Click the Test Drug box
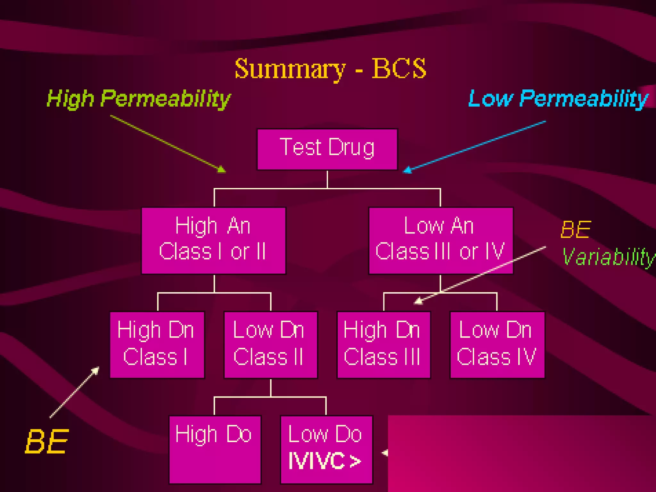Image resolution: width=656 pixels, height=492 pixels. point(327,149)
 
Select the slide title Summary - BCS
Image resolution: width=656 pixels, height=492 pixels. point(330,69)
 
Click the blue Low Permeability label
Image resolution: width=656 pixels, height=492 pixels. point(558,98)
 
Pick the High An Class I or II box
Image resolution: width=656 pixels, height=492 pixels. point(213,241)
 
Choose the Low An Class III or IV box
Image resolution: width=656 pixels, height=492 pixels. point(440,241)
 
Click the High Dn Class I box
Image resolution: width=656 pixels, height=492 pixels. point(157,345)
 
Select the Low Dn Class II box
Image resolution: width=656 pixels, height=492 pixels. point(271,345)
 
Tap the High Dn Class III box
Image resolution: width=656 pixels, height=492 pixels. point(384,345)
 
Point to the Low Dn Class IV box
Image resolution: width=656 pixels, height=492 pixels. point(497,345)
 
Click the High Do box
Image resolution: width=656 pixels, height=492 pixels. point(215,449)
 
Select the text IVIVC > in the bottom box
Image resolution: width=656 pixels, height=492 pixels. point(324,461)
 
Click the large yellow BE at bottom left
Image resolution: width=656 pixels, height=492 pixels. point(47,442)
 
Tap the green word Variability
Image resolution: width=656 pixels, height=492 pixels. point(608,257)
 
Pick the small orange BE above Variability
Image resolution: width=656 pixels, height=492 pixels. point(575,230)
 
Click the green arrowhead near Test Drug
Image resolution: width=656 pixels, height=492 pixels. point(222,169)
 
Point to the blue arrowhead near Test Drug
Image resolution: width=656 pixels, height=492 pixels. point(407,170)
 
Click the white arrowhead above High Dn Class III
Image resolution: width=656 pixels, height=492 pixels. point(418,301)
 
